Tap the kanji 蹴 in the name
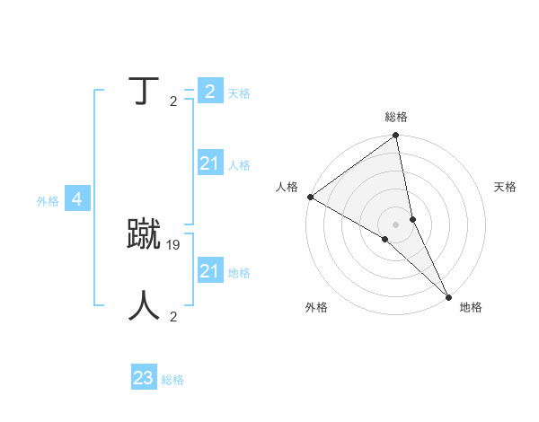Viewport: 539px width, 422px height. tap(144, 235)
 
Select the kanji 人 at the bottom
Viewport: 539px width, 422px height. tap(144, 305)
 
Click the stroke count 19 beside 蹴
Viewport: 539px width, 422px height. tap(174, 244)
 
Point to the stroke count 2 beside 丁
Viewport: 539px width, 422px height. tap(173, 101)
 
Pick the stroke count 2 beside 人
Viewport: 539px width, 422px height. tap(173, 316)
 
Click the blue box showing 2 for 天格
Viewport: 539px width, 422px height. tap(209, 92)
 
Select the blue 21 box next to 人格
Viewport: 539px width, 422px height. tap(209, 163)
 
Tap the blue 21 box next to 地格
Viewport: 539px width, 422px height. tap(209, 271)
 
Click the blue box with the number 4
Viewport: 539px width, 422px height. tap(77, 200)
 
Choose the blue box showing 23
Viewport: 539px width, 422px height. tap(144, 378)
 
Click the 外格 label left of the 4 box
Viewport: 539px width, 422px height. tap(48, 201)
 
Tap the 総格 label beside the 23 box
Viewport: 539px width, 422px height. tap(172, 380)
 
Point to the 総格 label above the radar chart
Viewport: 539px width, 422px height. tap(396, 117)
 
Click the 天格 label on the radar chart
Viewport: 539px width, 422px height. tap(505, 187)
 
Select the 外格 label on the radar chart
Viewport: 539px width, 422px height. tap(316, 307)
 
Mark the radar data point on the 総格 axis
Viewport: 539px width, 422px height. tap(396, 136)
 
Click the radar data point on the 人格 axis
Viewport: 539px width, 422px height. tap(310, 197)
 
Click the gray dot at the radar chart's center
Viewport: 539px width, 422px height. tap(396, 224)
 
